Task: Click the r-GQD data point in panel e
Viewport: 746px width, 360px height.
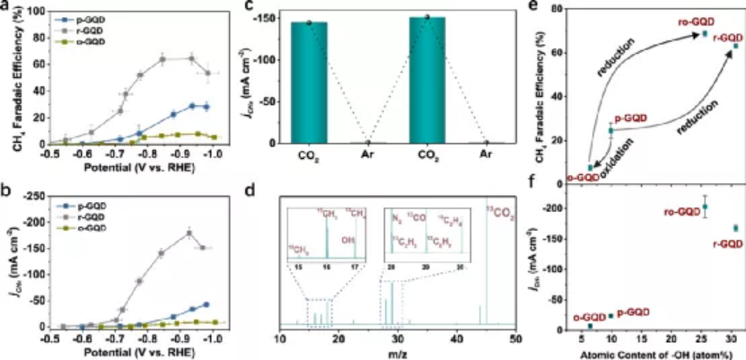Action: (734, 46)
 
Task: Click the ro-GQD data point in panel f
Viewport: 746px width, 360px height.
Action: (706, 206)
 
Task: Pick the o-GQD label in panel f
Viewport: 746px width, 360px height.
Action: (589, 318)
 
